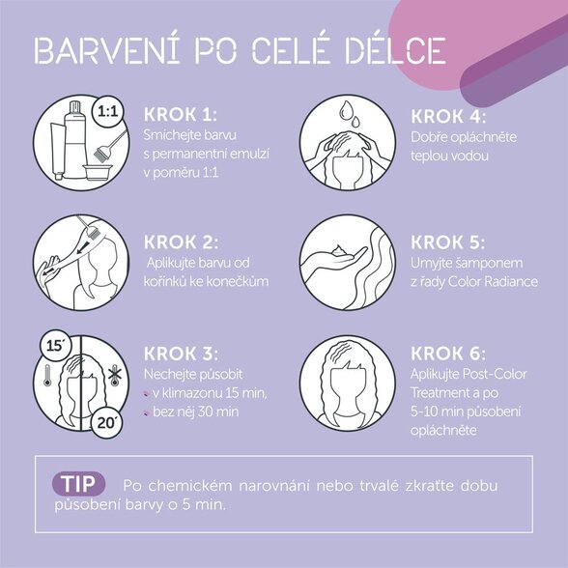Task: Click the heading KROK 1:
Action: [x=180, y=114]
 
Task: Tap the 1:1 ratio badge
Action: [x=108, y=112]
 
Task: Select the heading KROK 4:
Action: [x=448, y=117]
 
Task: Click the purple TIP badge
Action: [x=78, y=484]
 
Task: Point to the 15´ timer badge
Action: [x=54, y=346]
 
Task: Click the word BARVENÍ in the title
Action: [x=107, y=50]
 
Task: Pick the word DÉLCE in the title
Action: [x=394, y=50]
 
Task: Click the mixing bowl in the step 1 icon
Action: [x=97, y=172]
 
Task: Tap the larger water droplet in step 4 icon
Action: [x=346, y=110]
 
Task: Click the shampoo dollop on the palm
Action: [x=338, y=251]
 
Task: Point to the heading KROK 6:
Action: [x=448, y=354]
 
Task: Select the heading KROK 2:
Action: [x=181, y=241]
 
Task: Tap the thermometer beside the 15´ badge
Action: [x=47, y=375]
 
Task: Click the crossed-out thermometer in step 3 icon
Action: [x=115, y=376]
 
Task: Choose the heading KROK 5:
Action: [x=447, y=242]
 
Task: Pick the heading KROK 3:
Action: [x=181, y=354]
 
